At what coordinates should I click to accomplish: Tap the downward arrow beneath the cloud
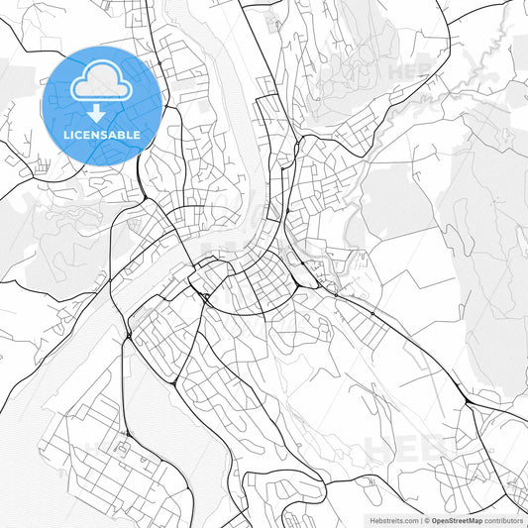click(103, 112)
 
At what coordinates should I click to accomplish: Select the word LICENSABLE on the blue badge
click(103, 134)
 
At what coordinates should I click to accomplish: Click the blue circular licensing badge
click(103, 104)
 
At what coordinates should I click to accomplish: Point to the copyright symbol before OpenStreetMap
click(427, 519)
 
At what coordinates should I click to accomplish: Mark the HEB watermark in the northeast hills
click(409, 72)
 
